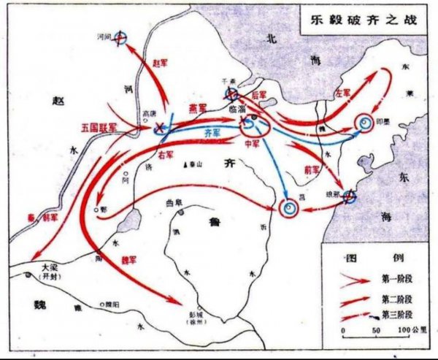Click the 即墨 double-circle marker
point(362,125)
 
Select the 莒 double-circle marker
point(289,209)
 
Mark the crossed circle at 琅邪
point(350,196)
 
